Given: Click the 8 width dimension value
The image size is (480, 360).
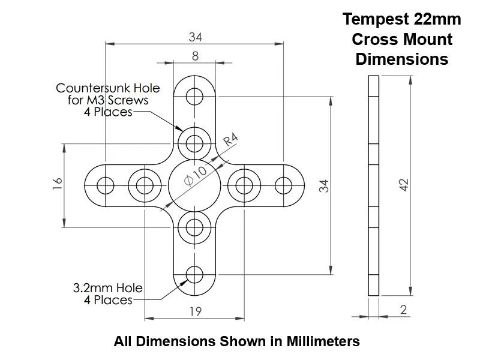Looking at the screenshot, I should pos(195,56).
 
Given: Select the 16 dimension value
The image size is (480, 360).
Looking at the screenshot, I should pos(57,184).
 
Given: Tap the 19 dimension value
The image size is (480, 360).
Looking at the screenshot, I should pos(195,311).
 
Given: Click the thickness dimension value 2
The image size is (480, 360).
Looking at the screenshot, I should pos(403,310).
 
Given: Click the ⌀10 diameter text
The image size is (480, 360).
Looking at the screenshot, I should pos(196,178).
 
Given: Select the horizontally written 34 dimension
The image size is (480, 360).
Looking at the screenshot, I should pos(195,37).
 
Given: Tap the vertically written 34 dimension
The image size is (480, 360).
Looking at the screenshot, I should pos(324,185).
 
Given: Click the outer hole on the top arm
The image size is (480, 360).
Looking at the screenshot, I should pos(194,96).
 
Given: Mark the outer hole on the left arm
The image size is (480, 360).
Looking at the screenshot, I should pos(106,185).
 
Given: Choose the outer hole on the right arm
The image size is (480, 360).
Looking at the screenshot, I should pos(283,185).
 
